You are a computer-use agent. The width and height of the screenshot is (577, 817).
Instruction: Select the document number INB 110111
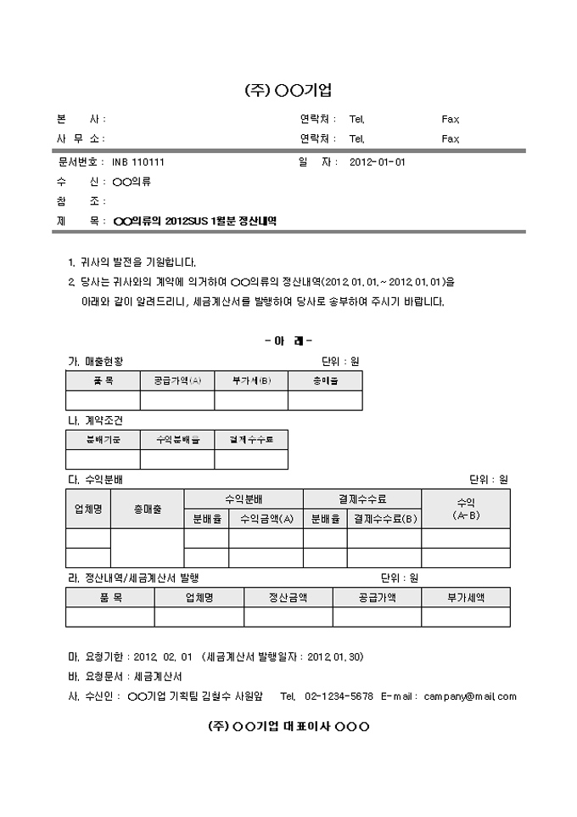(137, 161)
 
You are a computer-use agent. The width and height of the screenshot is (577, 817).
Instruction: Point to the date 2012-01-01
(378, 161)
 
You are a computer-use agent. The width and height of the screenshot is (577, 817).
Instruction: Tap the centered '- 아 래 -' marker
(288, 341)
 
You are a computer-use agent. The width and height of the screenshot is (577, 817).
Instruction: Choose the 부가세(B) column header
(251, 381)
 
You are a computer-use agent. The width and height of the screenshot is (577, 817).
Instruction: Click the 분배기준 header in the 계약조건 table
(103, 439)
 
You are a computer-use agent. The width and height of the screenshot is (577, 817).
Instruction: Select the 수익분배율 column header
(177, 439)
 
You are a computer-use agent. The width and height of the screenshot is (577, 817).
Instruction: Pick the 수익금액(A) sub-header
(266, 518)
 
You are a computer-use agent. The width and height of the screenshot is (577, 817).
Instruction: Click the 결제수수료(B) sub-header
(384, 518)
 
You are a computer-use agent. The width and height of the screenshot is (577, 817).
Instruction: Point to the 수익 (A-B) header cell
(466, 509)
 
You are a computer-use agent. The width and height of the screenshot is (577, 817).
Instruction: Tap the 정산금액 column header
(288, 597)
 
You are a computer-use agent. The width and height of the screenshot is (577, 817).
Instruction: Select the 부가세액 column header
(466, 597)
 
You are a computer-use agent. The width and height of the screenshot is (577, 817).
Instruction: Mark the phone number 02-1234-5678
(339, 696)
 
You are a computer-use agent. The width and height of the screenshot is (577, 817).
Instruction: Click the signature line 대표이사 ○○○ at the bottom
(288, 727)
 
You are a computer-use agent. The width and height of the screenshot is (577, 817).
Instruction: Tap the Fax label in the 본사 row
(450, 119)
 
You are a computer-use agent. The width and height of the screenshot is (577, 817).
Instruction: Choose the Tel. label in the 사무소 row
(356, 138)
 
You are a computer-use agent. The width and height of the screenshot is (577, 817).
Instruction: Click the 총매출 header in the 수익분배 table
(147, 509)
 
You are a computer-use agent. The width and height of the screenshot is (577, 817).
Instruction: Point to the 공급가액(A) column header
(177, 381)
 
